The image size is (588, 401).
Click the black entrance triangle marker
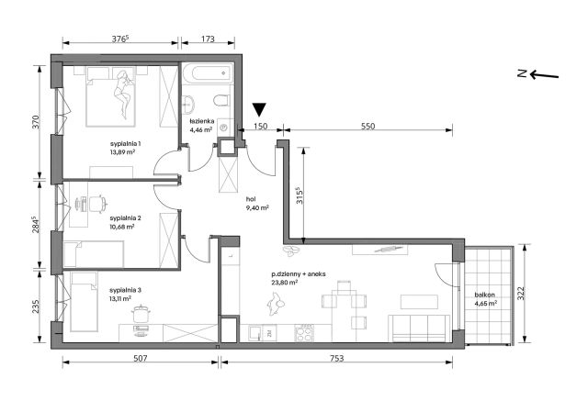[x=259, y=109]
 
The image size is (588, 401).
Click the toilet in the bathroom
[x=221, y=100]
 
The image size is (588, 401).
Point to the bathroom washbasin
[x=187, y=104]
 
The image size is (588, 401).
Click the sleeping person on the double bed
[x=123, y=95]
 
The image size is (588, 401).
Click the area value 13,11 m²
[x=120, y=298]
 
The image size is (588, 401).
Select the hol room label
[x=251, y=199]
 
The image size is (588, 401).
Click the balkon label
[x=484, y=295]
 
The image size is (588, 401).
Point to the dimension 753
[x=337, y=358]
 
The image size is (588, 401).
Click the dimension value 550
[x=367, y=127]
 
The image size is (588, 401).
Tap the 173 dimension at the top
[x=208, y=39]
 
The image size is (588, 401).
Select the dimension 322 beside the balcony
[x=521, y=294]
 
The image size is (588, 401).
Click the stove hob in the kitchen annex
[x=304, y=333]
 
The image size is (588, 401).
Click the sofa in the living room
[x=419, y=329]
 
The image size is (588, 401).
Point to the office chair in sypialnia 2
[x=97, y=204]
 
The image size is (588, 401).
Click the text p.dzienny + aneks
[x=298, y=274]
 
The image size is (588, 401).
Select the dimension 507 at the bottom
[x=140, y=358]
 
